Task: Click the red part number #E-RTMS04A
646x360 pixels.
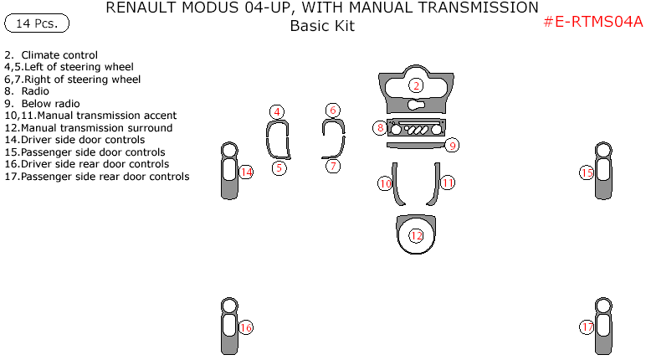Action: click(592, 23)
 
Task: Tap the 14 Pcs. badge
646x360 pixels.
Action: click(37, 23)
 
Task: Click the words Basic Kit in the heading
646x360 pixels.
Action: click(322, 26)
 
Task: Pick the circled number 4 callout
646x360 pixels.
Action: click(277, 111)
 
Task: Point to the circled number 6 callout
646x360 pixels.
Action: click(333, 111)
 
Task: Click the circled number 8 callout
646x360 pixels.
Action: click(381, 128)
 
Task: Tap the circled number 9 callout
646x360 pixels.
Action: click(451, 145)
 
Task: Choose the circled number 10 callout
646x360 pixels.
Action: click(385, 183)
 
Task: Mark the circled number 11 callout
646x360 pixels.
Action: click(448, 183)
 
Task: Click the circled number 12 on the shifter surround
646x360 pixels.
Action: click(416, 235)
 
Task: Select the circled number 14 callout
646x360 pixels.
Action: click(245, 172)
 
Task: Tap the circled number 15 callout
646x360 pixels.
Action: click(587, 172)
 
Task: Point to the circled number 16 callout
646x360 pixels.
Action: click(245, 327)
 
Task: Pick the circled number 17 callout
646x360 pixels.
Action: click(587, 327)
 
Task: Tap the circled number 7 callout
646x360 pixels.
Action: click(333, 166)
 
